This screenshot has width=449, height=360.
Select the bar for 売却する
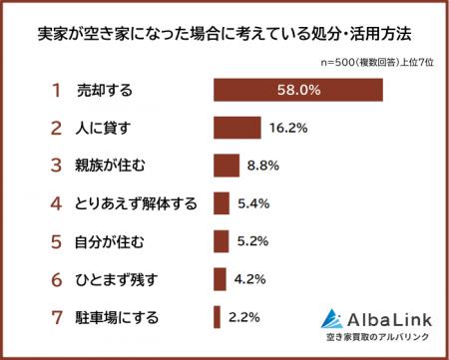297,90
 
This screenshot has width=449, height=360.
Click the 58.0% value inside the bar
297,90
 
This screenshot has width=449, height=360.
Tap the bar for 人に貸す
236,128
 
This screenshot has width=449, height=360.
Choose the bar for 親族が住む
226,166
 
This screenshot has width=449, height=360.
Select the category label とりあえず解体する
136,203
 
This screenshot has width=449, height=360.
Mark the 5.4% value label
253,203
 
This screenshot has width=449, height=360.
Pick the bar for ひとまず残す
220,279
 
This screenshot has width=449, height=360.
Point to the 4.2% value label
249,279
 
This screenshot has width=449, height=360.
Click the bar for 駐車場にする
217,317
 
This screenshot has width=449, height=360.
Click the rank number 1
56,90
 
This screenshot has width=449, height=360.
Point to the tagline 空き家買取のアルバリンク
376,339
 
